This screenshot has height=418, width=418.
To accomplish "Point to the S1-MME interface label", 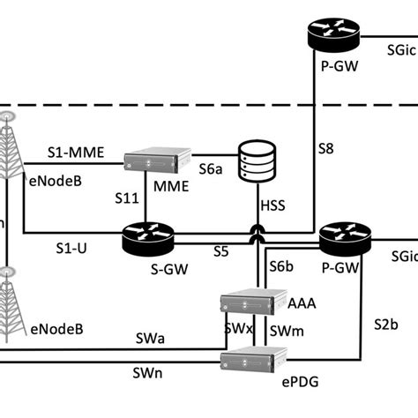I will tap(75, 152).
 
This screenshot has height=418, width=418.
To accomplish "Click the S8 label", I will tap(325, 151).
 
